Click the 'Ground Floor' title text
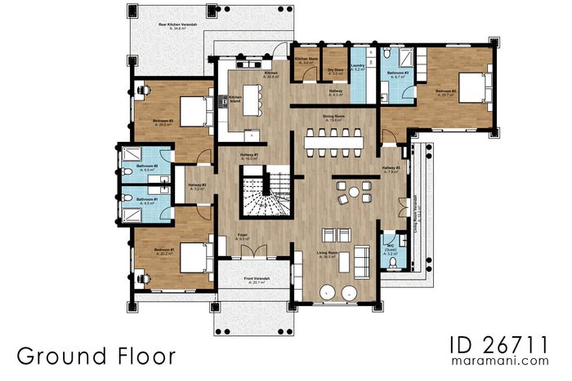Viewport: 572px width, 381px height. click(95, 356)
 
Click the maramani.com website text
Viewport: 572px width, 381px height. click(503, 360)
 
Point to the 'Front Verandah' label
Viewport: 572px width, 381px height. click(257, 280)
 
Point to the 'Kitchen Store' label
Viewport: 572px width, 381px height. click(306, 60)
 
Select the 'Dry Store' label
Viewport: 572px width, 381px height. click(335, 69)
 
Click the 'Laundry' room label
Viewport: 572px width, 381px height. click(358, 66)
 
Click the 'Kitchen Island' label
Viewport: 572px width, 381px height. click(235, 99)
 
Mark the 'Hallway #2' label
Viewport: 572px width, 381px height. click(197, 186)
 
